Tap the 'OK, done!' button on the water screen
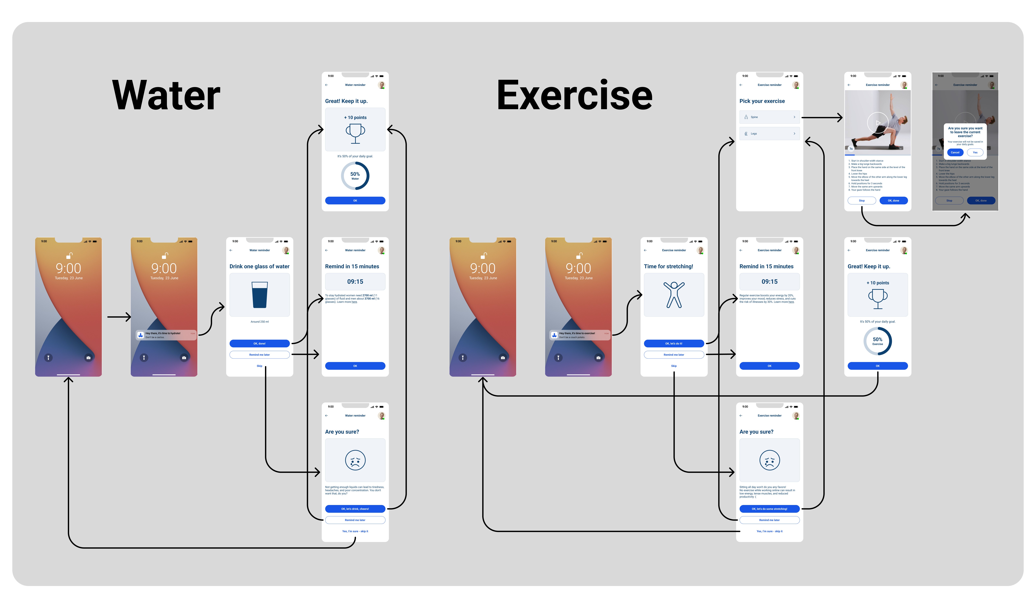click(259, 343)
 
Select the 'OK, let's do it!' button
click(674, 343)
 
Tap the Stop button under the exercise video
click(862, 201)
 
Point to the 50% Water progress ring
click(355, 176)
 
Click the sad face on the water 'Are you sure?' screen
click(355, 460)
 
